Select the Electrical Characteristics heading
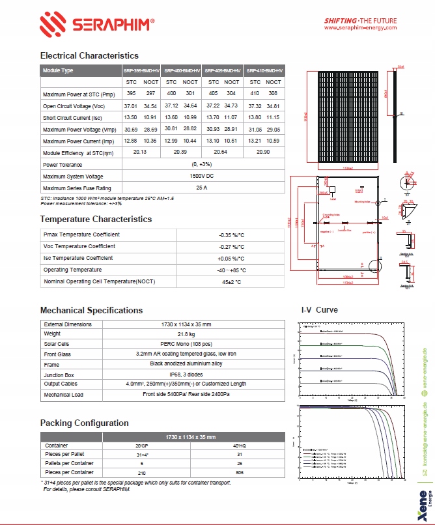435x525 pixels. pos(89,56)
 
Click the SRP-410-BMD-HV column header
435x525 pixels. pos(264,70)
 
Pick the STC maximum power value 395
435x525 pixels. pos(131,94)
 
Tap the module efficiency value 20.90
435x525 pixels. pos(264,151)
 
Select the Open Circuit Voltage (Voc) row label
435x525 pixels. pos(74,106)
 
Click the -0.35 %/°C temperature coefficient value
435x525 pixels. pos(231,234)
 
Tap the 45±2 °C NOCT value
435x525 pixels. pos(231,281)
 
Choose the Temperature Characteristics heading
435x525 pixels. pos(96,220)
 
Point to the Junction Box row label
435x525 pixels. pos(59,375)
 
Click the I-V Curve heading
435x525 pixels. pos(319,310)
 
